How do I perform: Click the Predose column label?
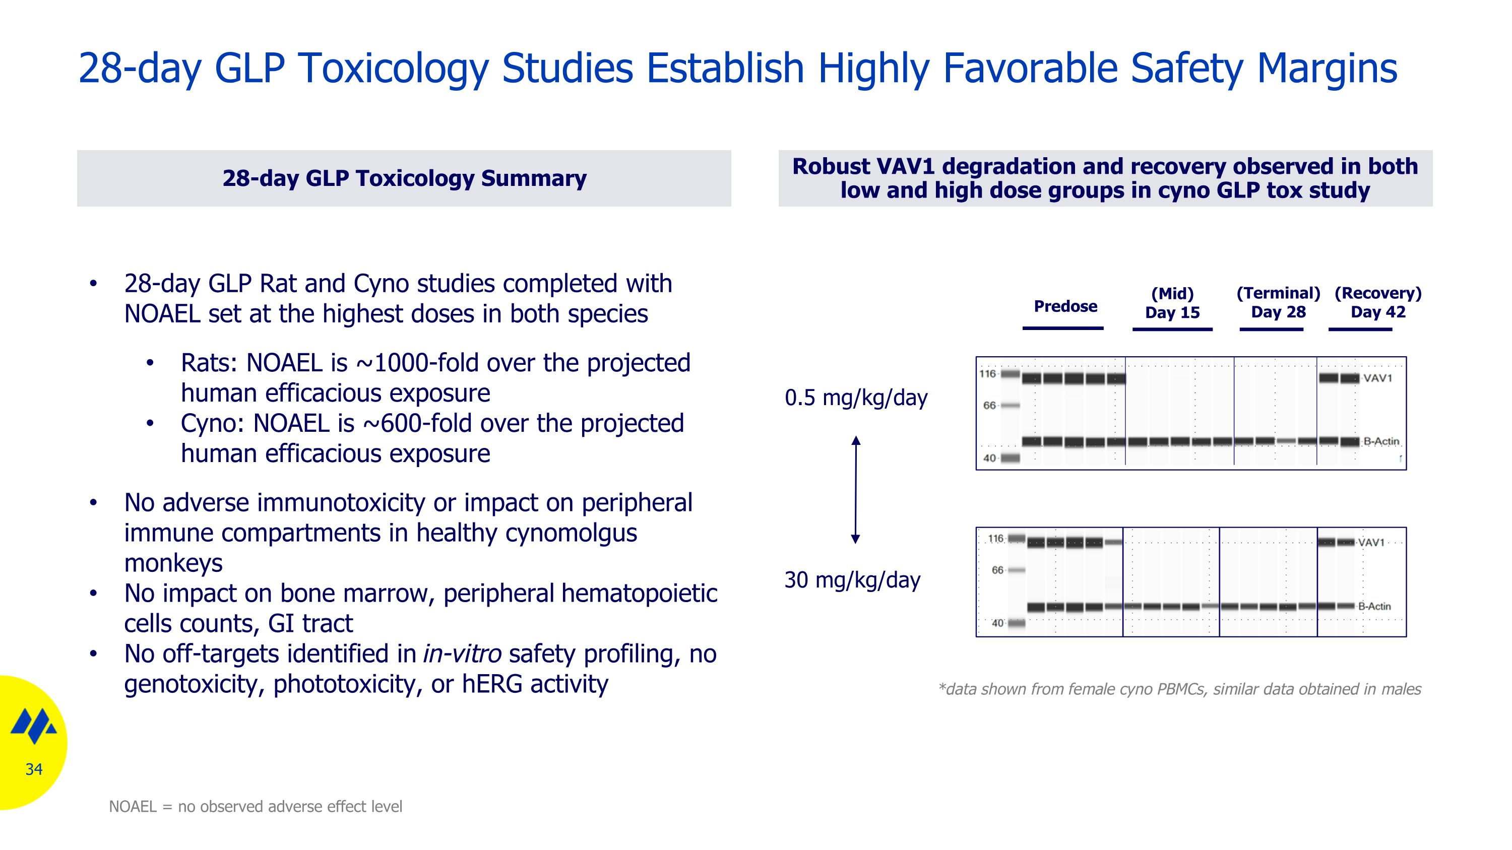pyautogui.click(x=1065, y=306)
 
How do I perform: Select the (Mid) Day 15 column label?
pyautogui.click(x=1172, y=303)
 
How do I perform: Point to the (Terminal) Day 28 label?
pyautogui.click(x=1278, y=302)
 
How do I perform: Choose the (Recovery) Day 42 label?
pyautogui.click(x=1377, y=302)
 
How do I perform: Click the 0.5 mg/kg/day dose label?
pyautogui.click(x=856, y=398)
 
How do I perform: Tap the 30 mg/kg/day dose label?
pyautogui.click(x=852, y=579)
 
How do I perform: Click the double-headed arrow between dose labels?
pyautogui.click(x=856, y=490)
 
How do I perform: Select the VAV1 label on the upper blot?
pyautogui.click(x=1377, y=378)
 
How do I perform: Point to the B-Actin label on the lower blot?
pyautogui.click(x=1374, y=606)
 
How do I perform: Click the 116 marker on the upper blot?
pyautogui.click(x=987, y=374)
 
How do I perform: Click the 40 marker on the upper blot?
pyautogui.click(x=989, y=458)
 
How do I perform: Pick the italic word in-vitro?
pyautogui.click(x=462, y=653)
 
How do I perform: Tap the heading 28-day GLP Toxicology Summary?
pyautogui.click(x=404, y=178)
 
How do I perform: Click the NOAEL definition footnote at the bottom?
pyautogui.click(x=256, y=807)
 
